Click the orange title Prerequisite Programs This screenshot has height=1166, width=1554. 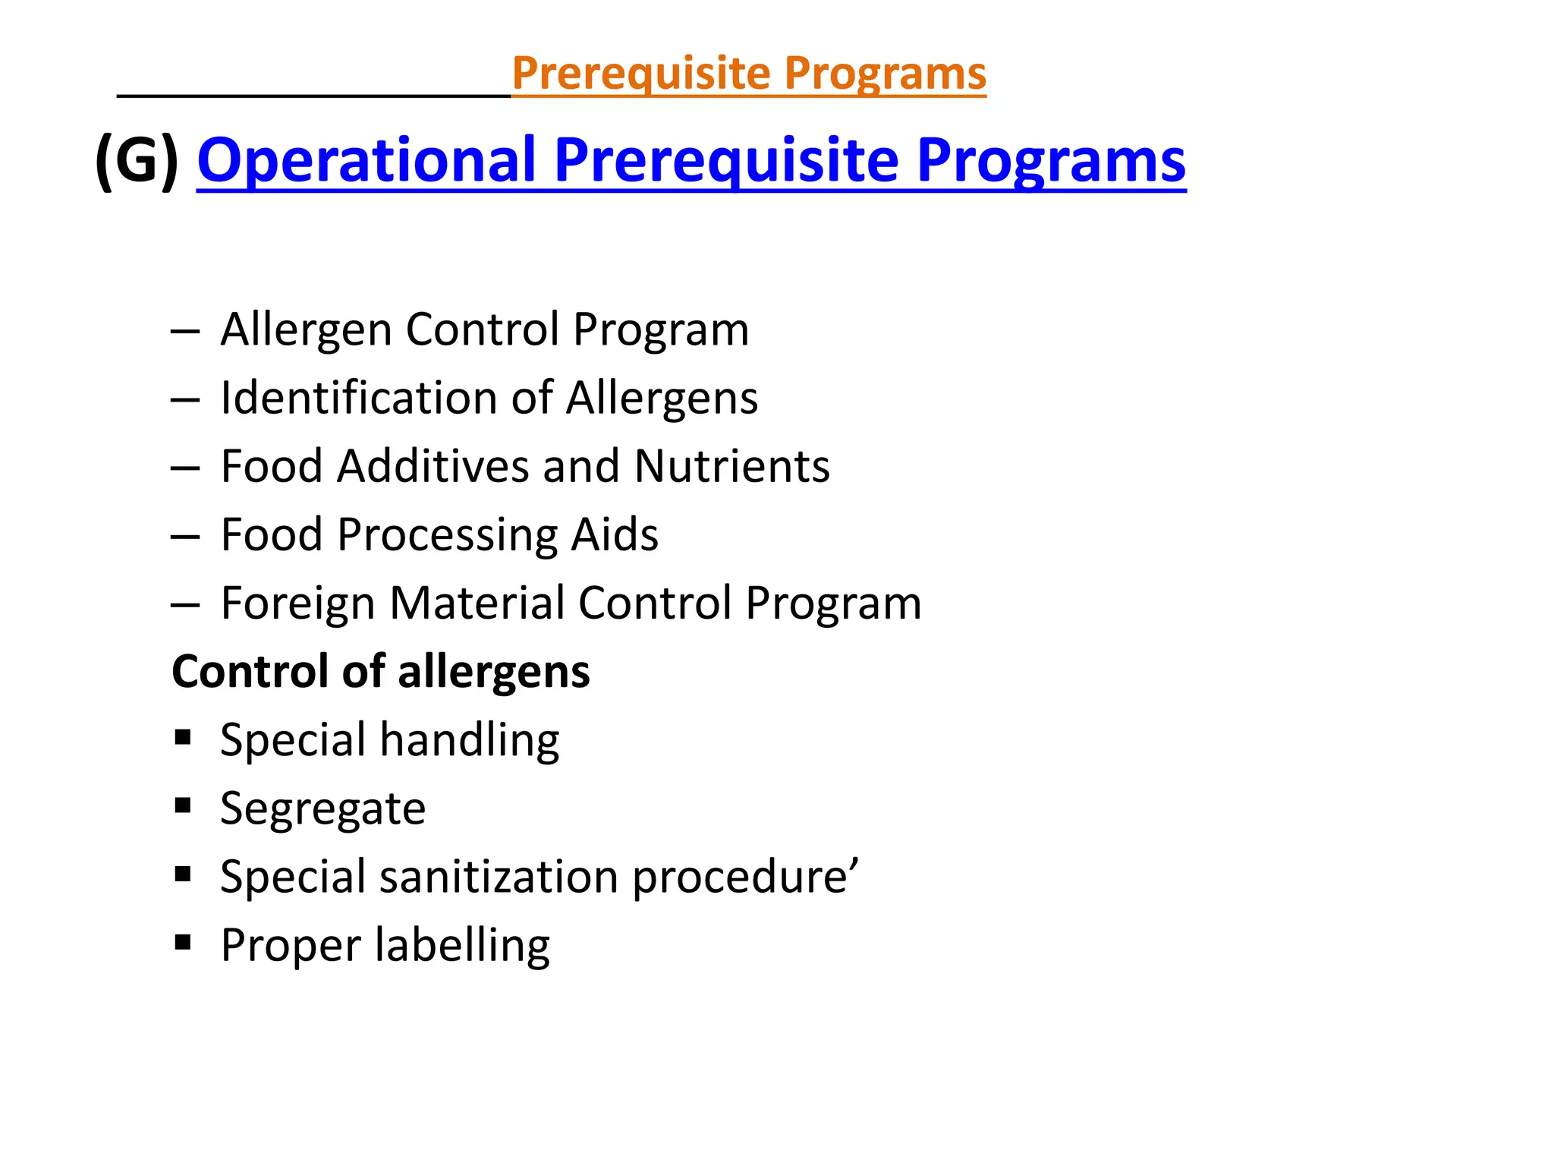point(749,74)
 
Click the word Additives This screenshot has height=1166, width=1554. point(433,466)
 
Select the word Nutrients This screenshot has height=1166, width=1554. point(731,466)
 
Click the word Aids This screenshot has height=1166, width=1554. point(615,534)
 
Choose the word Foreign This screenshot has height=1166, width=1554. point(298,604)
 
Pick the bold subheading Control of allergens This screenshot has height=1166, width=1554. point(381,672)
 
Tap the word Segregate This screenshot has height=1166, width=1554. point(322,809)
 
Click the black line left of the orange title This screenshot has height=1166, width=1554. point(313,96)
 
